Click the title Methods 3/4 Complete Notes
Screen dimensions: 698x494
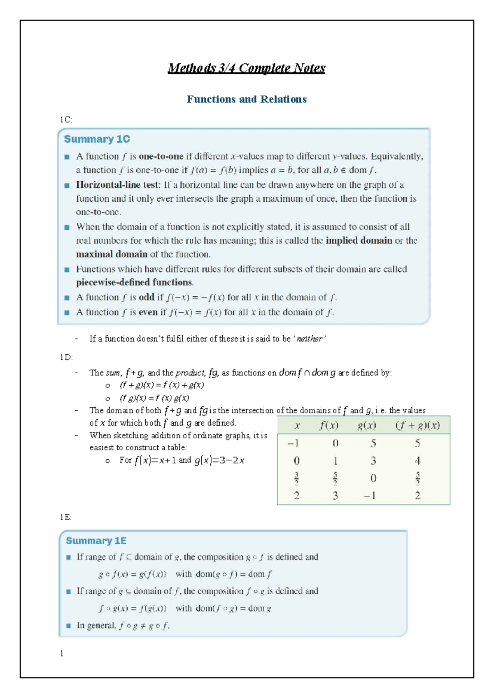click(x=246, y=68)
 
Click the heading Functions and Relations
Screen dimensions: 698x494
click(x=246, y=99)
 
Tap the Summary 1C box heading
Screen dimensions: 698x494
click(x=97, y=139)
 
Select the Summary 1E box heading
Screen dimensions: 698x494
click(x=96, y=540)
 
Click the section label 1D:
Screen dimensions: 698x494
click(x=66, y=357)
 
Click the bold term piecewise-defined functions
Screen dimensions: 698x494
click(x=134, y=282)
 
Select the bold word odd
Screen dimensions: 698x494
click(x=147, y=297)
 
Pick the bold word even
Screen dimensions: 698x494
click(x=148, y=312)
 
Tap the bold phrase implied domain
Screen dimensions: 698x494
click(x=359, y=240)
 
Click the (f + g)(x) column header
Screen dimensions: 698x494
click(x=417, y=425)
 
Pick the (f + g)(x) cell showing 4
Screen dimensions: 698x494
click(x=417, y=461)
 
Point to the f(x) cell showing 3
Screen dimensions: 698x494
click(x=335, y=496)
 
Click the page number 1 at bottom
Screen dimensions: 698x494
click(x=62, y=653)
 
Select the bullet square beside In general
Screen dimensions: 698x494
click(x=68, y=626)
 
